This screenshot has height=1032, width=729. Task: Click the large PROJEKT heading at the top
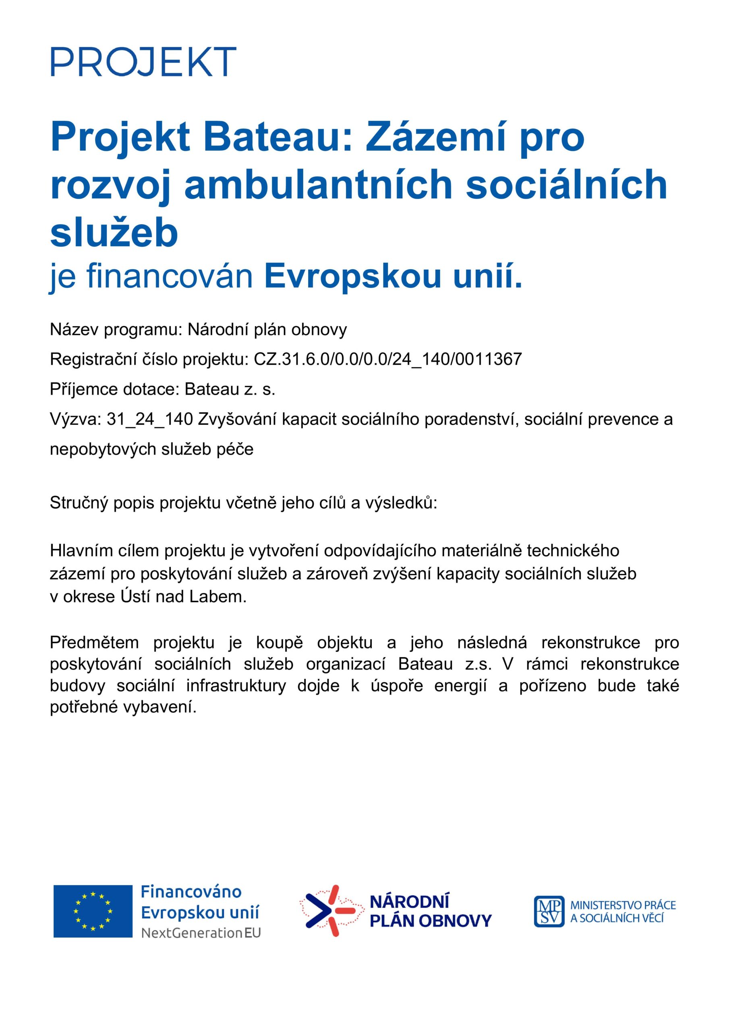143,61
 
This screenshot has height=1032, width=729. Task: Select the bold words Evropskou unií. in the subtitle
393,277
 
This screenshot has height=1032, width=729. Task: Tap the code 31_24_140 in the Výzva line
149,419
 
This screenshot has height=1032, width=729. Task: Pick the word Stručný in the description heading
79,503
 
